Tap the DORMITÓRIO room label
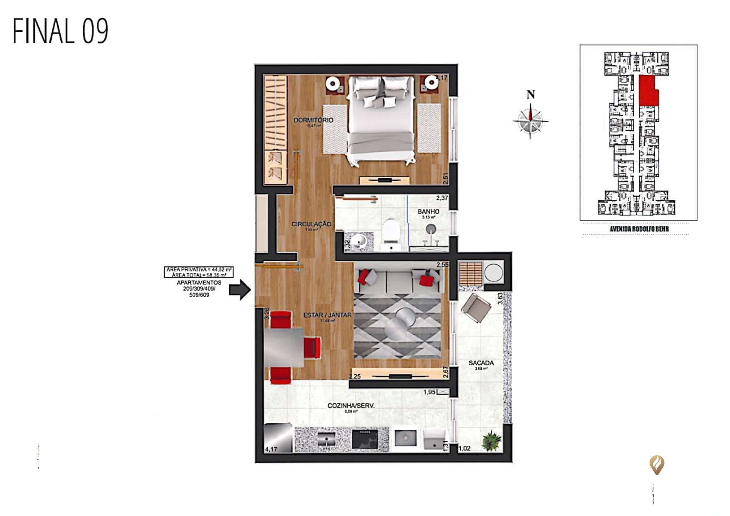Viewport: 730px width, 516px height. coord(313,120)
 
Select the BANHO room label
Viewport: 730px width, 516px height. coord(428,211)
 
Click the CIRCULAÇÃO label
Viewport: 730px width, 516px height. coord(311,224)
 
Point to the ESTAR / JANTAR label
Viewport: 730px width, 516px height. coord(327,315)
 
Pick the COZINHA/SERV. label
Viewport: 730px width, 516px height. coord(351,406)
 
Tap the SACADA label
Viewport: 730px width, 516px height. coord(481,363)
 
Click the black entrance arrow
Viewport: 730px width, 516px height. coord(240,290)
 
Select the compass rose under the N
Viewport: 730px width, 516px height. coord(530,121)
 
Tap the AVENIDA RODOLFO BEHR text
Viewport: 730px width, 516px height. coord(639,229)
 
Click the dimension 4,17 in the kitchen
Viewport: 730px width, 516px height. coord(271,449)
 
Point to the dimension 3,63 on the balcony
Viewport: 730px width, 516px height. coord(500,299)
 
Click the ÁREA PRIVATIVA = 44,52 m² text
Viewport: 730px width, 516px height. coord(199,269)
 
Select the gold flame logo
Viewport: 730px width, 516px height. coord(656,465)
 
